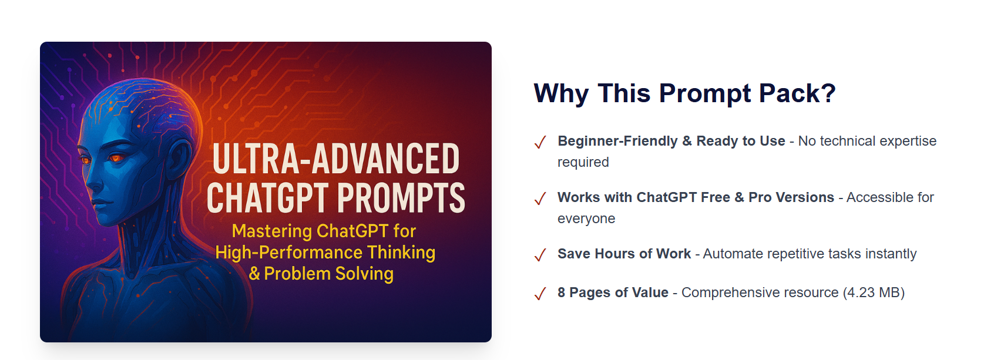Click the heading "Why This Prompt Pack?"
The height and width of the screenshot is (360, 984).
684,93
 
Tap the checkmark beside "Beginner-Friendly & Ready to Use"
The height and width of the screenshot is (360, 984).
540,142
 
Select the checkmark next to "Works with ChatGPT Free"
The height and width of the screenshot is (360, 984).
540,198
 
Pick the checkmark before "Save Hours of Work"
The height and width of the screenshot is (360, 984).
540,255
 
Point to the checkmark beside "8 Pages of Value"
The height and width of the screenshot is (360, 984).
540,294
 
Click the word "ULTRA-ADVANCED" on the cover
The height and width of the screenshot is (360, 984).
336,159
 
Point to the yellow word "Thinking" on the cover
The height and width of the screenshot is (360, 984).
401,253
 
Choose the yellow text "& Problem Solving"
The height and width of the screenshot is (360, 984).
321,274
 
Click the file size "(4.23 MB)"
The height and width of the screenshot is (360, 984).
874,292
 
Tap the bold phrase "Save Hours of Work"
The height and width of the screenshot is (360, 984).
624,254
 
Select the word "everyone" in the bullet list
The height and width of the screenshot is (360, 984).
586,218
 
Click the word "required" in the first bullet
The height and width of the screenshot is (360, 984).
583,162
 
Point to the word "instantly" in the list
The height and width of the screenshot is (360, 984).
891,254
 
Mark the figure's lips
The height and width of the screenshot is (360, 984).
100,201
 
